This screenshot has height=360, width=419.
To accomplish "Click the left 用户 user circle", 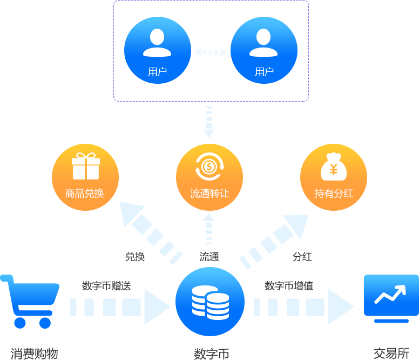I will coord(157,50).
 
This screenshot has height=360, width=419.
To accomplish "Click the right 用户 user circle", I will coord(263,50).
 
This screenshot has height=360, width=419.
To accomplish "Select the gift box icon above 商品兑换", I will coord(86,166).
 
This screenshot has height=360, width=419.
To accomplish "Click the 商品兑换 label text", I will coord(85,193).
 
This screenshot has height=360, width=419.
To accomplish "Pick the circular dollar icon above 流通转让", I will coord(209,166).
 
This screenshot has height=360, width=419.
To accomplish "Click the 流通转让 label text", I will coord(209,193).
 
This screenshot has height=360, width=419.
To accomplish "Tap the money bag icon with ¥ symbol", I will coord(333,167).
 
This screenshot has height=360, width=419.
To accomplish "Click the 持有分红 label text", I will coord(334,193).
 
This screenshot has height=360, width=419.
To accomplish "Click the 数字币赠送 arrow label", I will coord(106,285).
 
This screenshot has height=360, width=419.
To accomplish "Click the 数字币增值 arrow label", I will coord(289,285).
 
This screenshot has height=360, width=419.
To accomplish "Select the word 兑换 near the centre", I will coord(135,257).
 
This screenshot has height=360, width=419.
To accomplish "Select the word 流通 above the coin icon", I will coord(209,257).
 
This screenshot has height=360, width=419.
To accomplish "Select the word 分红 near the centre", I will coord(302,257).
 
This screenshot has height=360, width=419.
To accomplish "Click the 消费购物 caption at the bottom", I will coord(34,354).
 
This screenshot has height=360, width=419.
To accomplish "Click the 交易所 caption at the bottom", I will coord(391,354).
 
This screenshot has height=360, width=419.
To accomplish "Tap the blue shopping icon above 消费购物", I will coord(27,301).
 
